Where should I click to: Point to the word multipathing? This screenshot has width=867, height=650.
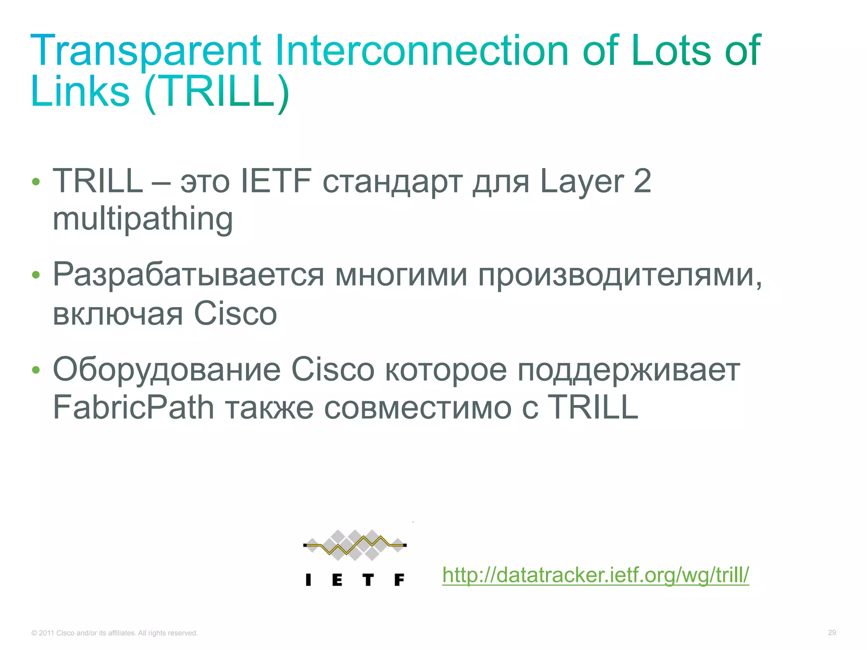143,219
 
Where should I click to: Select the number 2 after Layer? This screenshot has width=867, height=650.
642,181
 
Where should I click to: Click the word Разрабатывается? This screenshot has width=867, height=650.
188,275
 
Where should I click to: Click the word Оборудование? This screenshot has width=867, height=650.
166,369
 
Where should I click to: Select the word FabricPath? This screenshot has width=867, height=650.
133,407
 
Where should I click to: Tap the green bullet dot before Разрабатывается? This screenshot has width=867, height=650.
36,275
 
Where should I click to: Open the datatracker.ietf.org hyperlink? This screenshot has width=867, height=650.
596,575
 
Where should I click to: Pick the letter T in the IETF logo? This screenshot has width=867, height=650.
368,580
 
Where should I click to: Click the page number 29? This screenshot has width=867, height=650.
832,633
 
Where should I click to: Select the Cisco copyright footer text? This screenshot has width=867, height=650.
114,633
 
